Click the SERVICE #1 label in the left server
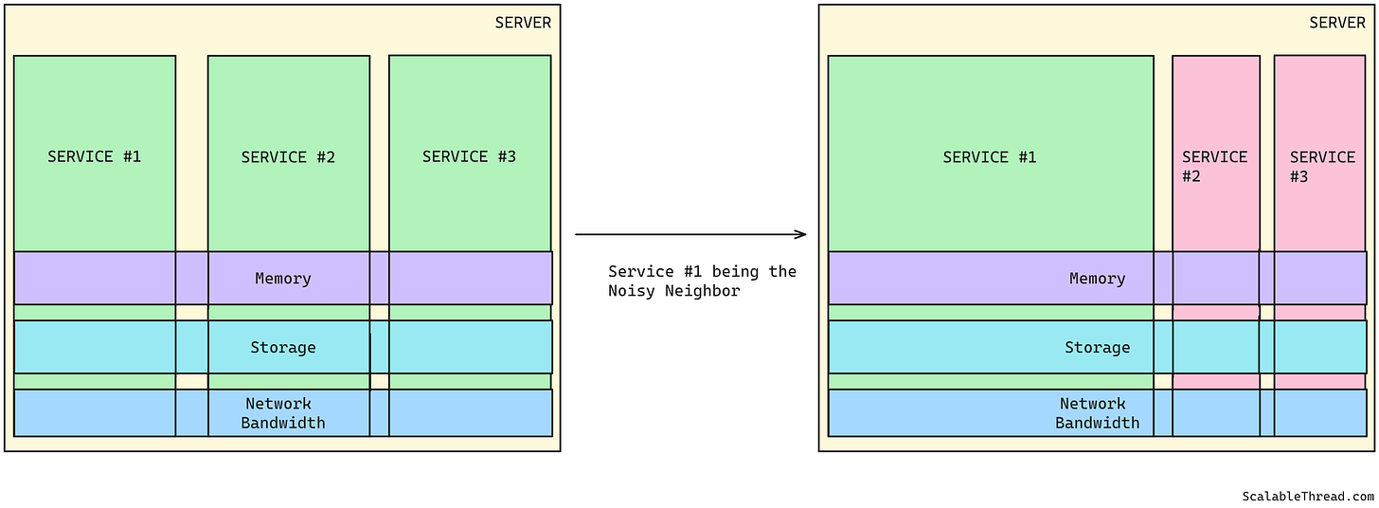[95, 156]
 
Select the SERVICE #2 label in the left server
[288, 157]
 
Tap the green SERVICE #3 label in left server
[469, 156]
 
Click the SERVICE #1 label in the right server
[990, 157]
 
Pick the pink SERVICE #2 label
[1214, 166]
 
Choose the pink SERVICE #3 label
[1321, 166]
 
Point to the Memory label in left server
[283, 279]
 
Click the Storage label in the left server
[283, 348]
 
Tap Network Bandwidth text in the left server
[282, 413]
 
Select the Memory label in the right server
[1097, 279]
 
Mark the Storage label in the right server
[1097, 348]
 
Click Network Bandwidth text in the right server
[1097, 413]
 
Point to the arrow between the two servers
[689, 234]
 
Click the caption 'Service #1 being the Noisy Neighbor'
[702, 281]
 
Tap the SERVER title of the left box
[523, 23]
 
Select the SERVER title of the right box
[1337, 23]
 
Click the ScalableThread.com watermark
[1308, 496]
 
